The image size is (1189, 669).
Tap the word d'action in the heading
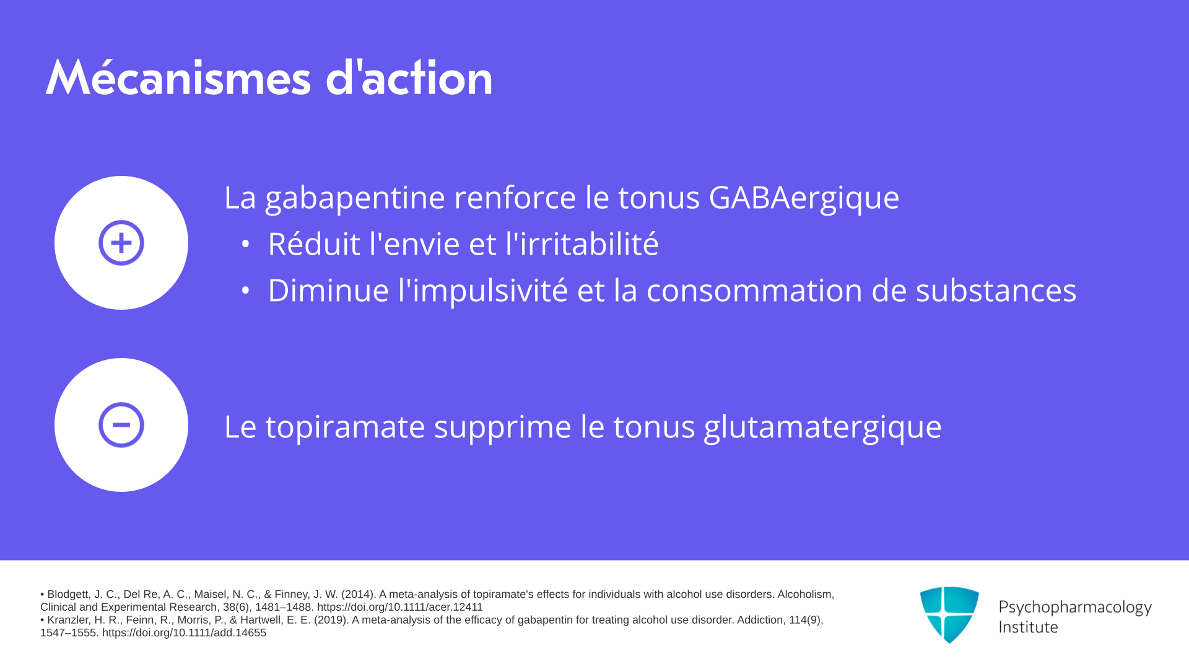pos(409,77)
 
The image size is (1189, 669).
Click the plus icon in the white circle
pos(121,243)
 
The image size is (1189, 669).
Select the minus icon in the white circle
pos(121,425)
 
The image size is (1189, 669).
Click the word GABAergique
pos(804,198)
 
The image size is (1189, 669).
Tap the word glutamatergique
pos(823,427)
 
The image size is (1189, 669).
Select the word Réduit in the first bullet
pos(314,243)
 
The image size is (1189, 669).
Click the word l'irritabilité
pos(582,243)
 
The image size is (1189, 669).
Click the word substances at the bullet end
pos(996,290)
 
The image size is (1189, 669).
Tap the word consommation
pos(754,290)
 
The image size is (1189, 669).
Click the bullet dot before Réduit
pos(246,244)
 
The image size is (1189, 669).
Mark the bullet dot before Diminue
pos(246,290)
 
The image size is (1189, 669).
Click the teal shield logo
pos(949,614)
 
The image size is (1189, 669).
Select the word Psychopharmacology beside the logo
pos(1075,608)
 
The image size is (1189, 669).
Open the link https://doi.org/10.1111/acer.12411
pos(400,607)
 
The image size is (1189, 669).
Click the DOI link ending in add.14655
pos(184,632)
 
